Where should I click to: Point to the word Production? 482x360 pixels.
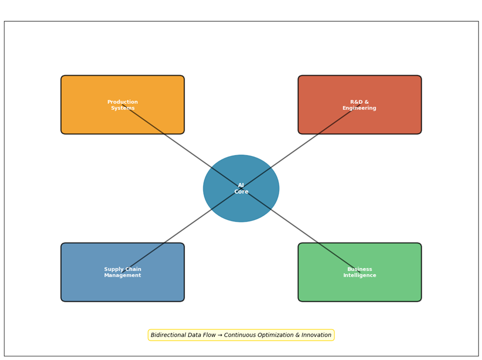point(123,102)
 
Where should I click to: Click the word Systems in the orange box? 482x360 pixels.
point(123,108)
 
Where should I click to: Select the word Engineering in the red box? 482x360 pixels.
point(359,108)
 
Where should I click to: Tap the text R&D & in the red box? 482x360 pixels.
point(359,102)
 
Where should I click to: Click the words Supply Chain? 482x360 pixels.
point(123,269)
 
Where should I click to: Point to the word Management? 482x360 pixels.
point(123,275)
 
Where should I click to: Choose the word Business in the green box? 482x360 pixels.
point(359,269)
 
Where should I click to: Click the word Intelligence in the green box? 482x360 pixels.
point(359,275)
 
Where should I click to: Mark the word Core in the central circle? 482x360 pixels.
point(241,192)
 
